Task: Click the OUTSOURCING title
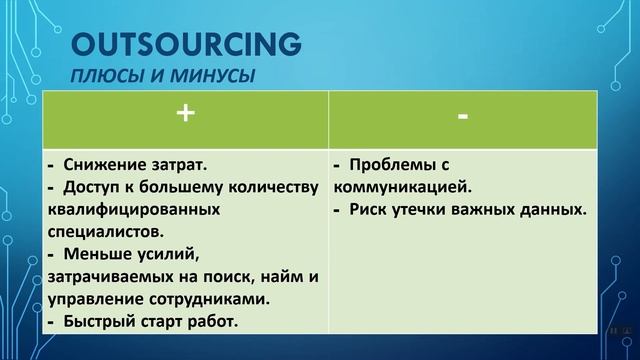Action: coord(186,45)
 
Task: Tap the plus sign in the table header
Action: coord(184,115)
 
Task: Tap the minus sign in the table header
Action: coord(462,116)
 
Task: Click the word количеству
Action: coord(270,186)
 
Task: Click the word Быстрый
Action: coord(100,321)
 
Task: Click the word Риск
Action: coord(372,209)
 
